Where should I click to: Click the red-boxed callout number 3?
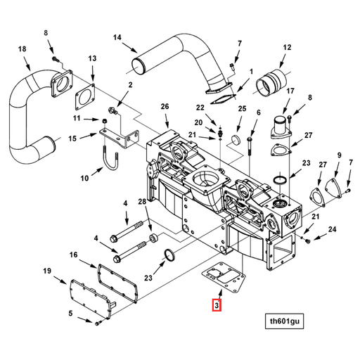coord(217,305)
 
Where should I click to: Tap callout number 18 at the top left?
coord(22,49)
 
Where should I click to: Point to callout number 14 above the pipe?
coord(117,37)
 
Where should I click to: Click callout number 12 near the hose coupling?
coord(286,48)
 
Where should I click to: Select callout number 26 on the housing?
coord(165,106)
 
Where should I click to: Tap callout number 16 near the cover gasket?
coord(73,255)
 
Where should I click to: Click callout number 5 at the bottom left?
coord(70,313)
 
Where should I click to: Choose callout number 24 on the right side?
coord(333,229)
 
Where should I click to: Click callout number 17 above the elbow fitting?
coord(289,91)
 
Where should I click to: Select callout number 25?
coord(242,109)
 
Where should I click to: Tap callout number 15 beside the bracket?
coord(73,139)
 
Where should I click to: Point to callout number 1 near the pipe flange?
coord(251,71)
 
